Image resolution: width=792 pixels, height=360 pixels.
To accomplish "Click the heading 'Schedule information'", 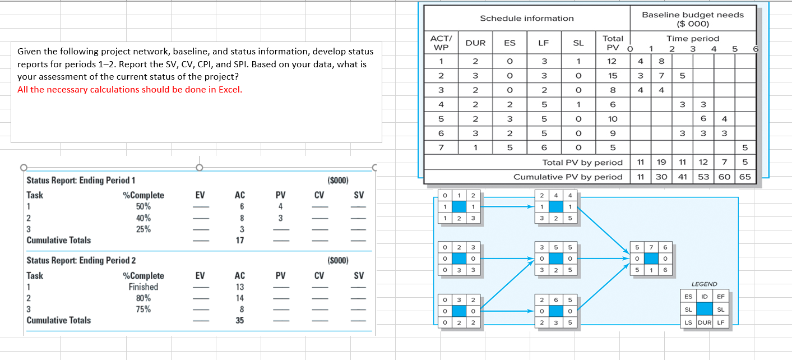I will (526, 19).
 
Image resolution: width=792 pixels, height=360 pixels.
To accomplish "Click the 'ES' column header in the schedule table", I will (510, 43).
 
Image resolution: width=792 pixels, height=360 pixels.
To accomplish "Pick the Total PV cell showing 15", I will (612, 75).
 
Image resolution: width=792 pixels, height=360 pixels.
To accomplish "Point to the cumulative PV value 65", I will (745, 177).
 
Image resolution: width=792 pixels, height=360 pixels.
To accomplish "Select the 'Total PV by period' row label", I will (582, 163).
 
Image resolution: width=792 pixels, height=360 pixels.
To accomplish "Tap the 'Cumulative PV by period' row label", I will (568, 177).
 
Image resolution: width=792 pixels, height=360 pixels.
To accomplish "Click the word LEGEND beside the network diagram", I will (705, 284).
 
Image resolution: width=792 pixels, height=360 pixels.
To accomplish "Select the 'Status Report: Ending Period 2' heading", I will (81, 261).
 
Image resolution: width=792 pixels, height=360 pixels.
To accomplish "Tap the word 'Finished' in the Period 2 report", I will (143, 287).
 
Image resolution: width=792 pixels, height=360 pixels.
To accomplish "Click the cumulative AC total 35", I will (239, 321).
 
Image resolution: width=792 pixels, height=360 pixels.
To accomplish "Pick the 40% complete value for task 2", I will (143, 218).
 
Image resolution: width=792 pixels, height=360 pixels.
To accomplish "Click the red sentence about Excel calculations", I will (130, 90).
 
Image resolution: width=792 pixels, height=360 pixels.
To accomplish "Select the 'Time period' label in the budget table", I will (692, 38).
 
